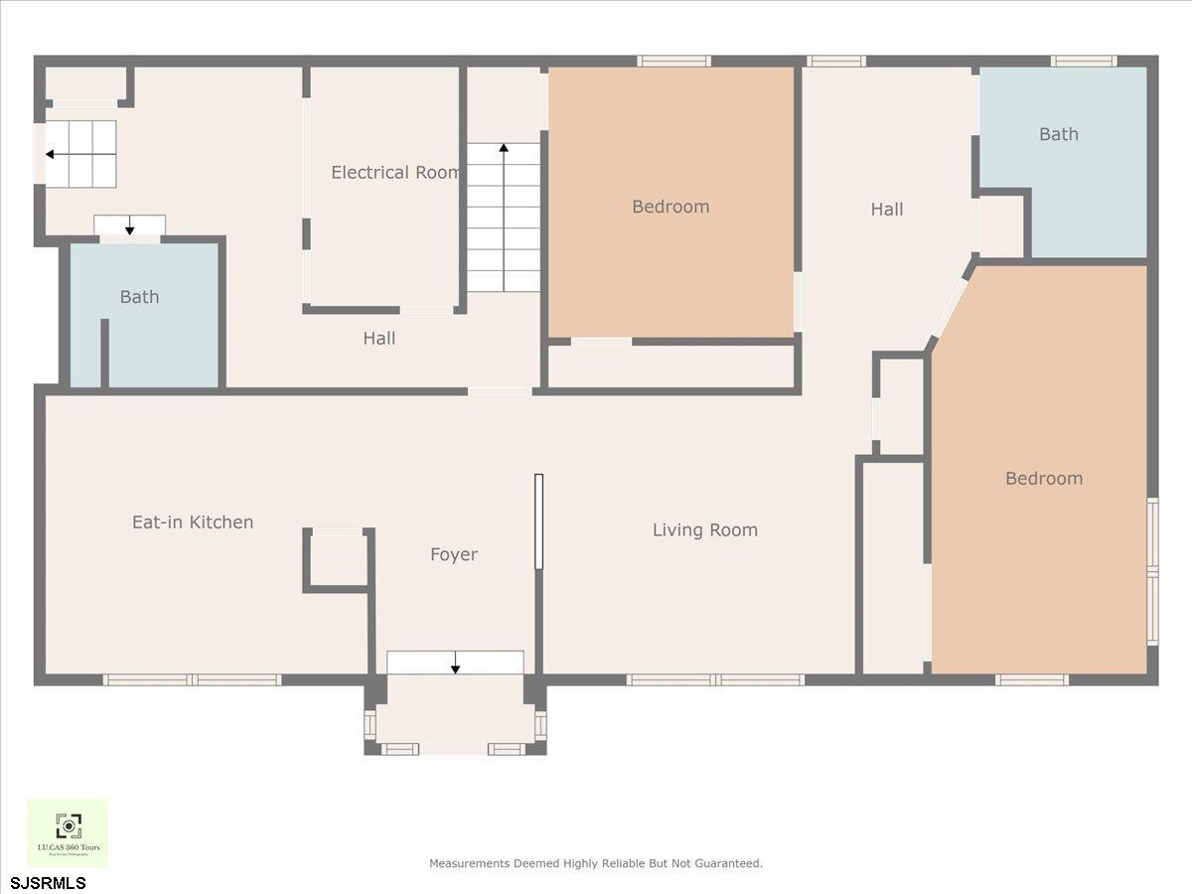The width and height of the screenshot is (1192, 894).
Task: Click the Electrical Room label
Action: (x=395, y=173)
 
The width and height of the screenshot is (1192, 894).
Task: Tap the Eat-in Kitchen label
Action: (x=193, y=521)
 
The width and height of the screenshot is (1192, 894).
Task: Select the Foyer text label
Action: (x=453, y=554)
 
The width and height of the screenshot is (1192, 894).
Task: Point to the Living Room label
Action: (x=704, y=530)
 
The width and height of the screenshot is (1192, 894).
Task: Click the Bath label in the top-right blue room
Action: (x=1058, y=134)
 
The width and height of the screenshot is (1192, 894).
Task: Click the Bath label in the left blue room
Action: (x=139, y=297)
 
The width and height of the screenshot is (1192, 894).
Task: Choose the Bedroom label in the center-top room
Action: (x=670, y=207)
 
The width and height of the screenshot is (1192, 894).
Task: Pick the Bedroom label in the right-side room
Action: (x=1043, y=479)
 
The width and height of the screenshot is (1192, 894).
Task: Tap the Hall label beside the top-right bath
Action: (x=886, y=210)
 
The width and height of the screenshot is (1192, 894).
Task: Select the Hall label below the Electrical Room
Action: (x=378, y=339)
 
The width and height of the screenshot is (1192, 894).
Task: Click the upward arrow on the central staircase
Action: (x=504, y=149)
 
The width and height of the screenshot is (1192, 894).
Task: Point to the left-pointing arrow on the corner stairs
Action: (x=50, y=155)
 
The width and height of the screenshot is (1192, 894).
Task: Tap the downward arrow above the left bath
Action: (x=129, y=227)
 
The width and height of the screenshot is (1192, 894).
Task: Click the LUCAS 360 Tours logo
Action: (x=68, y=832)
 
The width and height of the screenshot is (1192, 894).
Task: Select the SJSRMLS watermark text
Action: (x=49, y=882)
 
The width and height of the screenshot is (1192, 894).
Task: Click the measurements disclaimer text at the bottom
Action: (x=595, y=863)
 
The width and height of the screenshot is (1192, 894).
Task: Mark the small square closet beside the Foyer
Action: (x=338, y=561)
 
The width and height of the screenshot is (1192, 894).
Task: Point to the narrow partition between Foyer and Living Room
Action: (x=538, y=521)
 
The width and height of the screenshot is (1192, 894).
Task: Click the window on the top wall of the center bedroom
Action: (x=673, y=62)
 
